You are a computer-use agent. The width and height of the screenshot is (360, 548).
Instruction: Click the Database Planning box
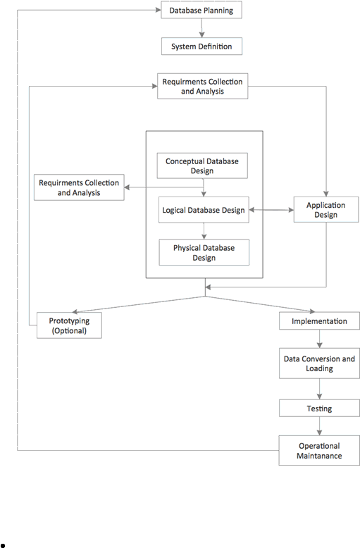[x=201, y=10]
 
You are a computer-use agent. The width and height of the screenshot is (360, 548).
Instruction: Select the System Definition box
[x=201, y=46]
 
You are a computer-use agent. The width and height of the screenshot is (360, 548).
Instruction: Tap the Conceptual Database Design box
[x=202, y=166]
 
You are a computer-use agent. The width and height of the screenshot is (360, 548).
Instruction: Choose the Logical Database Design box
[x=204, y=210]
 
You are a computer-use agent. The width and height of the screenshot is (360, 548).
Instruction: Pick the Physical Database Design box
[x=204, y=252]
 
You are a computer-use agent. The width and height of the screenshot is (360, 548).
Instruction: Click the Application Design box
[x=326, y=210]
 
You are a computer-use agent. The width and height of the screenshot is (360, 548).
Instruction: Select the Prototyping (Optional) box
[x=69, y=325]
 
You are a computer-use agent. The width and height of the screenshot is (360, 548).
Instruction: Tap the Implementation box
[x=319, y=320]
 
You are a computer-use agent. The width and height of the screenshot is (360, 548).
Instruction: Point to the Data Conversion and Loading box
[x=319, y=363]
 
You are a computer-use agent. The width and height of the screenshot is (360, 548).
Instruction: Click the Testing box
[x=319, y=409]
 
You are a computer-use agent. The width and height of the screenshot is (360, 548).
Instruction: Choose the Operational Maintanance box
[x=319, y=451]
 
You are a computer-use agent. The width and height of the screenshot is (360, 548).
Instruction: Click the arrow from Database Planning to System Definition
[x=201, y=28]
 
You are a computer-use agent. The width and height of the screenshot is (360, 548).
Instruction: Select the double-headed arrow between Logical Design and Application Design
[x=271, y=210]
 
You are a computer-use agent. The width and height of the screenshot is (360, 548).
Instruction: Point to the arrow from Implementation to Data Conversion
[x=319, y=339]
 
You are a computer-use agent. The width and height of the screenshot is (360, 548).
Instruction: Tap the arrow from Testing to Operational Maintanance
[x=319, y=426]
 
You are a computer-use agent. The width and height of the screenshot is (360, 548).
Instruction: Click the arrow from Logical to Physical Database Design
[x=204, y=231]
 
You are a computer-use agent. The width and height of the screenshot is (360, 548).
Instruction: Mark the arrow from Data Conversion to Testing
[x=319, y=389]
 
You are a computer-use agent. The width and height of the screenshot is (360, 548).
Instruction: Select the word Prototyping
[x=69, y=320]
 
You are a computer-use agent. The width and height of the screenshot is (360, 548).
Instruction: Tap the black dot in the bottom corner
[x=3, y=545]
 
